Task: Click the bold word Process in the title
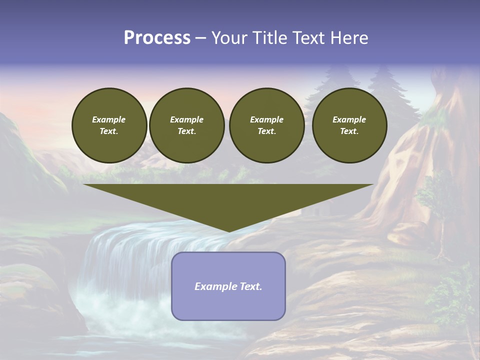(x=157, y=38)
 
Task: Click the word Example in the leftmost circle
(x=109, y=119)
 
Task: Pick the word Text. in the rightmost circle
(x=349, y=131)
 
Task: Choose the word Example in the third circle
(x=266, y=119)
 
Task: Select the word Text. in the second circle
(x=186, y=131)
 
